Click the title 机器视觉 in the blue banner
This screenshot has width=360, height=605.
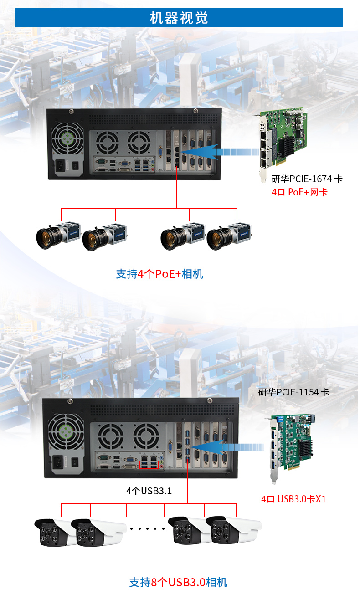click(x=179, y=18)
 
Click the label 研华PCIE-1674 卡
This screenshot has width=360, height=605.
click(x=307, y=179)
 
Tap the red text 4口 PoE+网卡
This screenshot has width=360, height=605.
click(x=299, y=192)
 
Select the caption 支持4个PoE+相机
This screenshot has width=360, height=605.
click(x=159, y=274)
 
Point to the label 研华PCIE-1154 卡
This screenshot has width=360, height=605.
click(x=293, y=392)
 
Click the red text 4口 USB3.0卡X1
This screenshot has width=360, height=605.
click(x=293, y=499)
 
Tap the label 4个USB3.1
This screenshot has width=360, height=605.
click(x=149, y=491)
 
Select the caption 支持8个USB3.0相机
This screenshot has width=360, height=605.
click(x=178, y=582)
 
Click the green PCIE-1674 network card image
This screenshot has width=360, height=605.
click(x=282, y=144)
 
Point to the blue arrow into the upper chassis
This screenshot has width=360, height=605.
click(x=219, y=152)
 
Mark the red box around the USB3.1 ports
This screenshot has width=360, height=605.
click(x=149, y=464)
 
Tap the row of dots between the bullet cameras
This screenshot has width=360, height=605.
click(x=147, y=529)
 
